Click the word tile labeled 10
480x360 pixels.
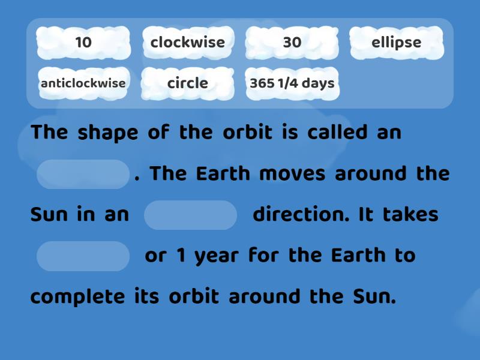click(83, 43)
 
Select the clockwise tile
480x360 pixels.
click(188, 43)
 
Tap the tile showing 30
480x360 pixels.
click(292, 43)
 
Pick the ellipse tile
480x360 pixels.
click(397, 43)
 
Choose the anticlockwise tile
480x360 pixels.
click(83, 83)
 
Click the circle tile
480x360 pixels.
click(188, 83)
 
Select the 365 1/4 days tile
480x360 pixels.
click(292, 83)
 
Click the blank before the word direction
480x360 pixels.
click(191, 215)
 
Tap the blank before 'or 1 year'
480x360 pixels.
click(83, 256)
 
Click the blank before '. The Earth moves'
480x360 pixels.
click(83, 175)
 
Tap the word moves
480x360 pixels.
click(292, 174)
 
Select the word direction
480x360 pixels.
click(301, 215)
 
